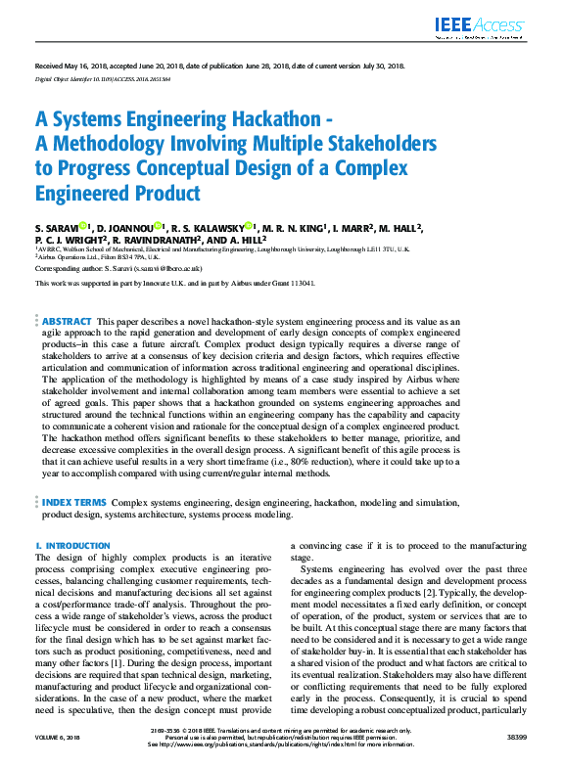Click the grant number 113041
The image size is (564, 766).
(299, 283)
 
